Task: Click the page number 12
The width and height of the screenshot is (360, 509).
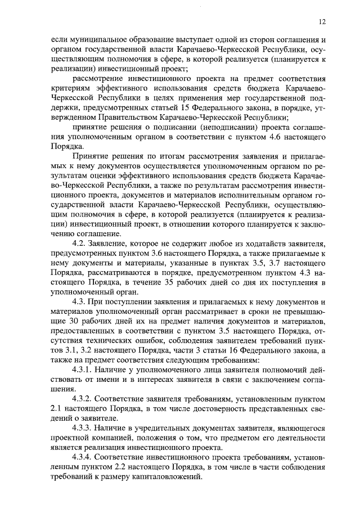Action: click(322, 22)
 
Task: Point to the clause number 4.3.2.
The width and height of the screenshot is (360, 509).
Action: click(83, 399)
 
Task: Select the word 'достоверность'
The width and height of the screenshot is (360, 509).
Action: click(225, 409)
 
